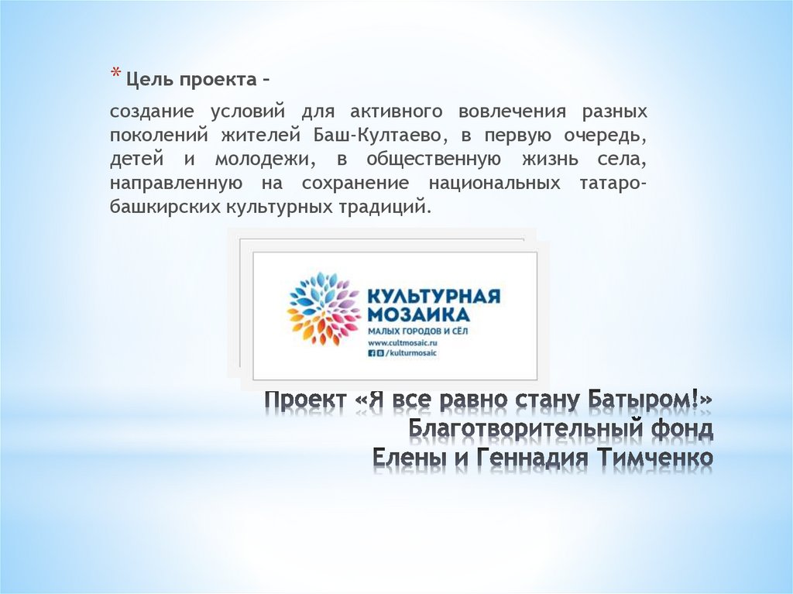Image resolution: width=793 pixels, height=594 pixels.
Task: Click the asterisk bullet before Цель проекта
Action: click(x=114, y=75)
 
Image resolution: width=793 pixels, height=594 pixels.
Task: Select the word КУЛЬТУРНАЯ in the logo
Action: click(x=432, y=297)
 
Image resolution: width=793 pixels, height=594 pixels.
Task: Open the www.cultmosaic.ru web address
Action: click(x=403, y=342)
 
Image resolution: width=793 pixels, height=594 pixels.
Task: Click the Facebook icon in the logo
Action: click(x=371, y=352)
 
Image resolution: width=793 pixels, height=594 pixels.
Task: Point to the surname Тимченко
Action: click(x=655, y=457)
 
